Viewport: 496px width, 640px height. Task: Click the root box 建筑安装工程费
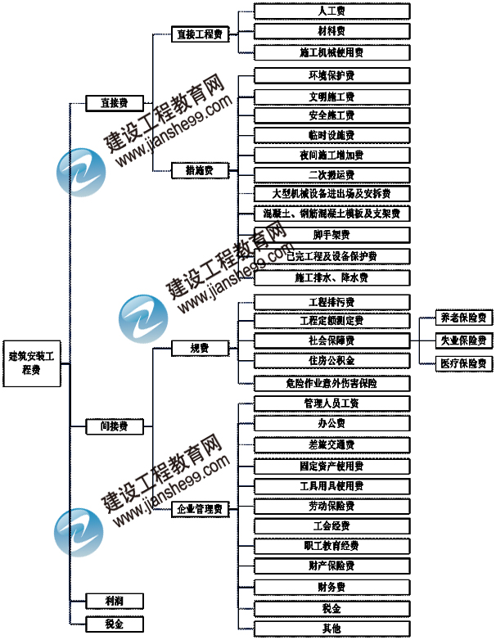pyautogui.click(x=35, y=363)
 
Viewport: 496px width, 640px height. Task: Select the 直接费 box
pyautogui.click(x=115, y=103)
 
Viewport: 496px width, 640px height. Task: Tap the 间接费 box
pyautogui.click(x=115, y=426)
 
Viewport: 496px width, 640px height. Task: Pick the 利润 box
pyautogui.click(x=115, y=602)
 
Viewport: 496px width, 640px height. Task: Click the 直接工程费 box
pyautogui.click(x=201, y=34)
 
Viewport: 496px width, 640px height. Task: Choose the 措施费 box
pyautogui.click(x=201, y=171)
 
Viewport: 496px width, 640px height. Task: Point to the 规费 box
pyautogui.click(x=201, y=349)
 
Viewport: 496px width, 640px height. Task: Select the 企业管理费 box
pyautogui.click(x=201, y=509)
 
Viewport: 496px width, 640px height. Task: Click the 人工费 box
pyautogui.click(x=331, y=11)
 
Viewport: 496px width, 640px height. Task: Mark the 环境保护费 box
pyautogui.click(x=331, y=76)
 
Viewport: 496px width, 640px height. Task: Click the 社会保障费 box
pyautogui.click(x=331, y=340)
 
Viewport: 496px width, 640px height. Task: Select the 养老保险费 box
pyautogui.click(x=463, y=318)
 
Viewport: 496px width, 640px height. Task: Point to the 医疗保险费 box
pyautogui.click(x=463, y=363)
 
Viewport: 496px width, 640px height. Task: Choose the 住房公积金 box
pyautogui.click(x=331, y=361)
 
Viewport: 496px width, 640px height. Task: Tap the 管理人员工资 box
pyautogui.click(x=331, y=403)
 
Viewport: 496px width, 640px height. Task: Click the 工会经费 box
pyautogui.click(x=331, y=525)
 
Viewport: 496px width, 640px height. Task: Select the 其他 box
pyautogui.click(x=331, y=629)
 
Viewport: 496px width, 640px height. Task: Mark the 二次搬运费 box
pyautogui.click(x=331, y=174)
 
